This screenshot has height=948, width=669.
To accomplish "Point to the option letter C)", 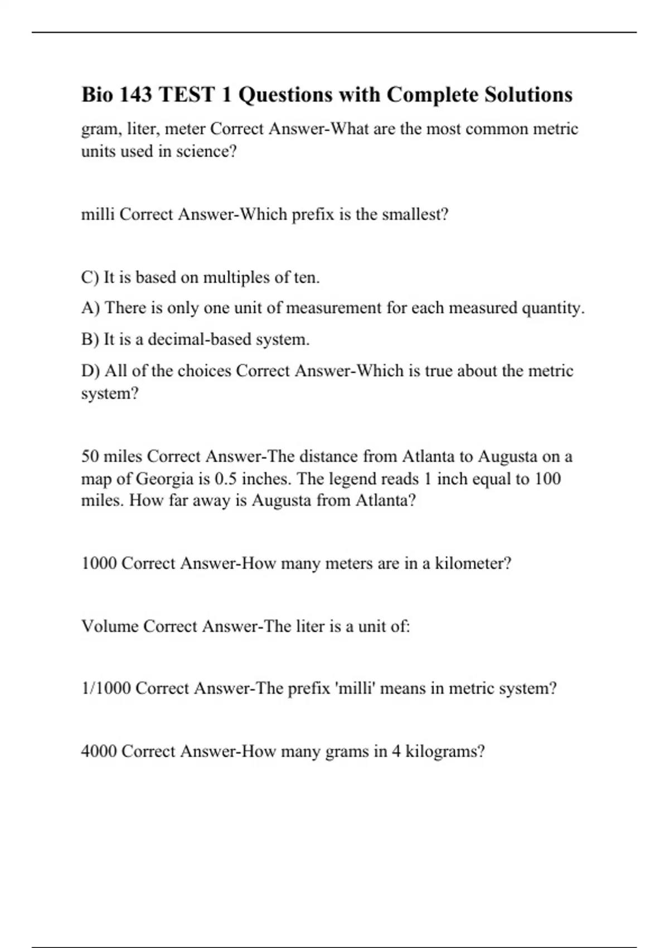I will [90, 277].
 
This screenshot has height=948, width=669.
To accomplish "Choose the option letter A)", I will [90, 308].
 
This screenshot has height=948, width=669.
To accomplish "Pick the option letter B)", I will [90, 339].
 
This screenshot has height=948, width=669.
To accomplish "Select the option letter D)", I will [90, 371].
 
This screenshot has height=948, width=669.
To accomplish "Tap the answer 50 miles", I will [111, 457].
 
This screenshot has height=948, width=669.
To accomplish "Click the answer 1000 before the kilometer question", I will [99, 563].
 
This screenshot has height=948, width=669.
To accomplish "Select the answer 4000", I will [99, 752].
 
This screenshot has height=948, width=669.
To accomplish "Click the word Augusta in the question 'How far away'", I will [281, 500].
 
